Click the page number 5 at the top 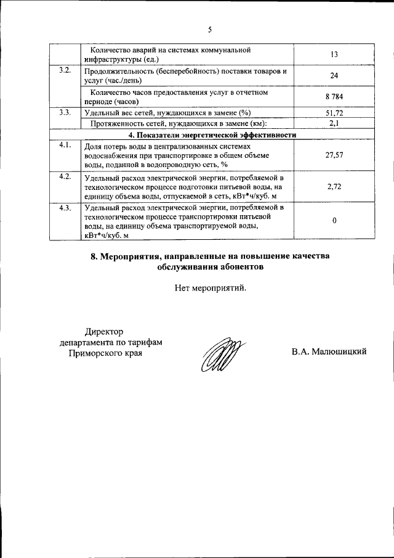point(209,29)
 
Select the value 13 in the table point(334,55)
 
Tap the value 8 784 point(334,97)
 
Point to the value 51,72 point(334,113)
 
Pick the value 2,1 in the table point(334,123)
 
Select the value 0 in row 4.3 point(334,221)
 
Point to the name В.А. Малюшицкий point(329,351)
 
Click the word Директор point(105,331)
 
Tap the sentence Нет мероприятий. point(210,287)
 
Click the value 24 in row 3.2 point(334,76)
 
